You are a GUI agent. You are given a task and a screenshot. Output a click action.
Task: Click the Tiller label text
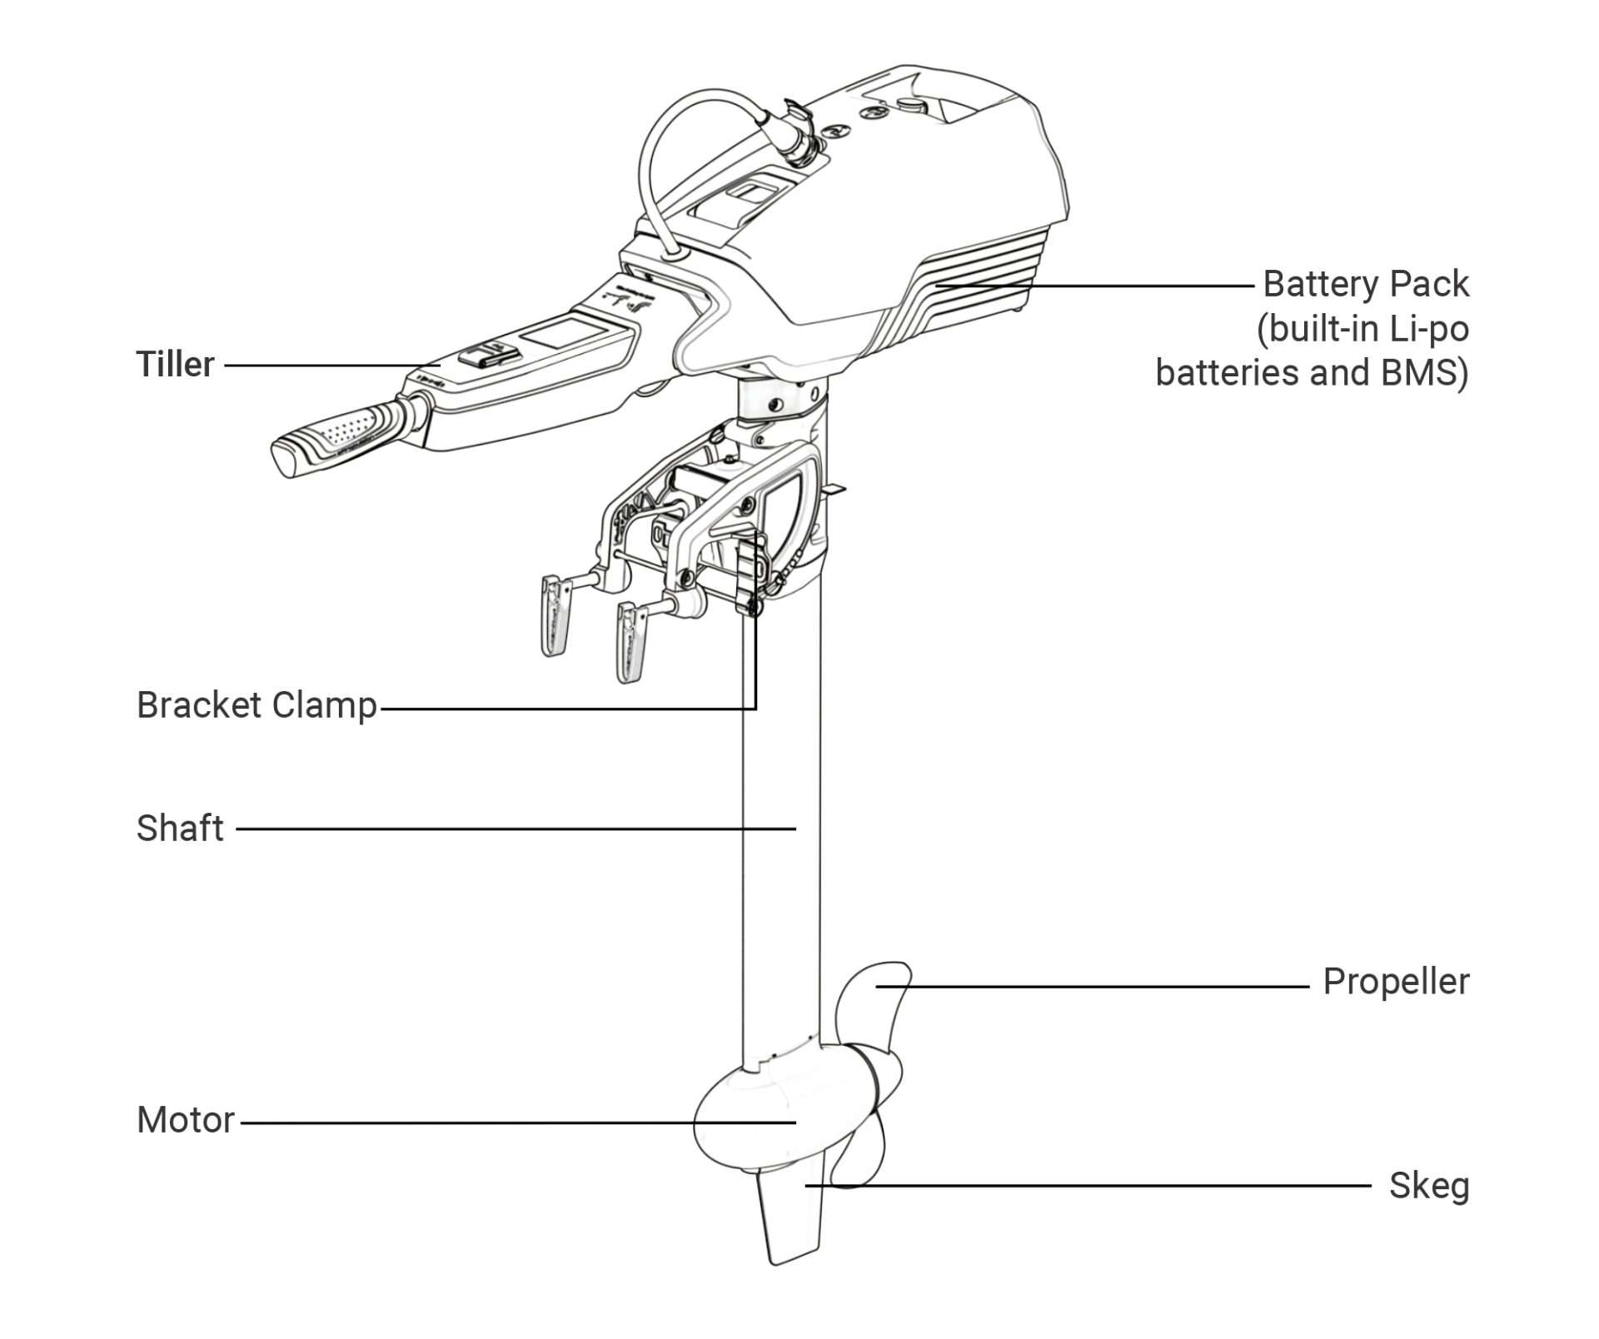click(x=175, y=365)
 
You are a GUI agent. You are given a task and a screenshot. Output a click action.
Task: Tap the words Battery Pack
click(x=1366, y=284)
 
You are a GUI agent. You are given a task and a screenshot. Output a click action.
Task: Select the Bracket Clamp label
click(x=257, y=705)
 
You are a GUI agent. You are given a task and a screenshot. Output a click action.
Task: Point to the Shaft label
click(x=180, y=829)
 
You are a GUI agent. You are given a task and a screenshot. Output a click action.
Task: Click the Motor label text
click(x=186, y=1120)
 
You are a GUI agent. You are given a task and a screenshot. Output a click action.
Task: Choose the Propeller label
click(x=1396, y=982)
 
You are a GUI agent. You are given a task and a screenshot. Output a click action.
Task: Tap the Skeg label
click(x=1428, y=1186)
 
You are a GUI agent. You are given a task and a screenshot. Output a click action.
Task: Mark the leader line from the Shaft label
click(x=516, y=829)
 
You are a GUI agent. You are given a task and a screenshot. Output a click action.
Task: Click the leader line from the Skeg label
click(x=1083, y=1185)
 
